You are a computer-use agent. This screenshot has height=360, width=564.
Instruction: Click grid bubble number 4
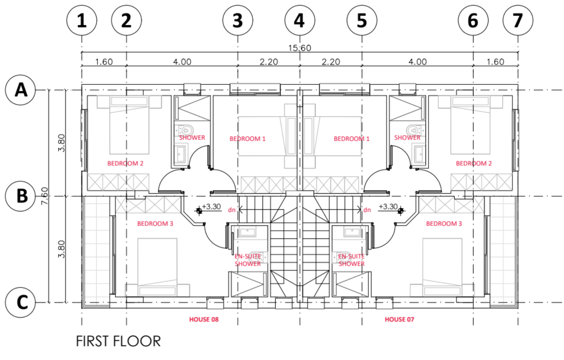click(300, 20)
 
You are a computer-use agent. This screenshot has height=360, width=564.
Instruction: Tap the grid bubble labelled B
click(21, 196)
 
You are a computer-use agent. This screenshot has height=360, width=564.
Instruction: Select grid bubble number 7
click(518, 20)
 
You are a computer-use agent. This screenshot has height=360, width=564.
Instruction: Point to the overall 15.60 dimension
click(299, 48)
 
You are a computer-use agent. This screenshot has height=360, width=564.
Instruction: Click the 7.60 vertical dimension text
click(45, 196)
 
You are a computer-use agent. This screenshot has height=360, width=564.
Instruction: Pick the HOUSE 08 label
click(204, 320)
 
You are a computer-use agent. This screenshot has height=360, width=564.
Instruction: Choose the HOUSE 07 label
click(399, 320)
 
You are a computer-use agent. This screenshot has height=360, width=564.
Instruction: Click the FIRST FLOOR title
click(118, 341)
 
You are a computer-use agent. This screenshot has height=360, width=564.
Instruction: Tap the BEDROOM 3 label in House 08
click(155, 224)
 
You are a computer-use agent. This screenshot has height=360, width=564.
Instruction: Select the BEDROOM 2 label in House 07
click(474, 163)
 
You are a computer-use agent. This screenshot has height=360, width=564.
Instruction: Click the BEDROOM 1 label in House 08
click(247, 139)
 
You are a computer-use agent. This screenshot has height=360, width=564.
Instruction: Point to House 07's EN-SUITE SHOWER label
click(351, 260)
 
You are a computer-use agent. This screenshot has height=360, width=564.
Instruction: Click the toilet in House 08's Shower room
click(186, 130)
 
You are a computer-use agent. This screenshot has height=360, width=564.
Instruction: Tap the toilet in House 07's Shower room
click(413, 130)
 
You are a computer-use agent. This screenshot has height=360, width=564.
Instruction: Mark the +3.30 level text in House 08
click(211, 207)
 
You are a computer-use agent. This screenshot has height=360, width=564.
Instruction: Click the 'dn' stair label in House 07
click(367, 210)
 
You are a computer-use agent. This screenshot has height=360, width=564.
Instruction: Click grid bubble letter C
click(21, 302)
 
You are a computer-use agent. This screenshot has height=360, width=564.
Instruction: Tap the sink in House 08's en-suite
click(247, 232)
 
